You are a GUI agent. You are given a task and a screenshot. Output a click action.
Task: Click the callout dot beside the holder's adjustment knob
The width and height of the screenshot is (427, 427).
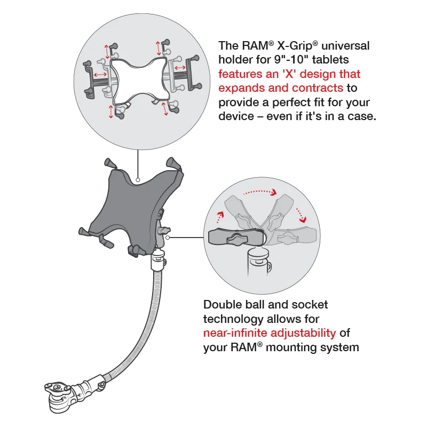168,238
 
